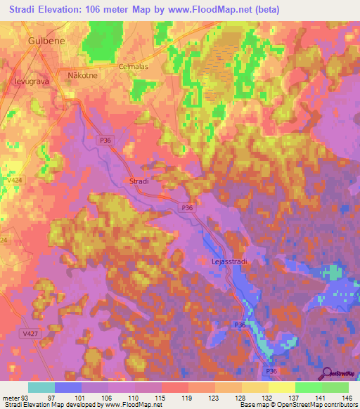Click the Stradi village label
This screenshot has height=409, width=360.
[x=139, y=181]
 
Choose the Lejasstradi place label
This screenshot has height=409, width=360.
[x=229, y=261]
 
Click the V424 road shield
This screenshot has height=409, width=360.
[x=12, y=180]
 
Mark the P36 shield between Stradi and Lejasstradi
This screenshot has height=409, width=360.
[x=187, y=208]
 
